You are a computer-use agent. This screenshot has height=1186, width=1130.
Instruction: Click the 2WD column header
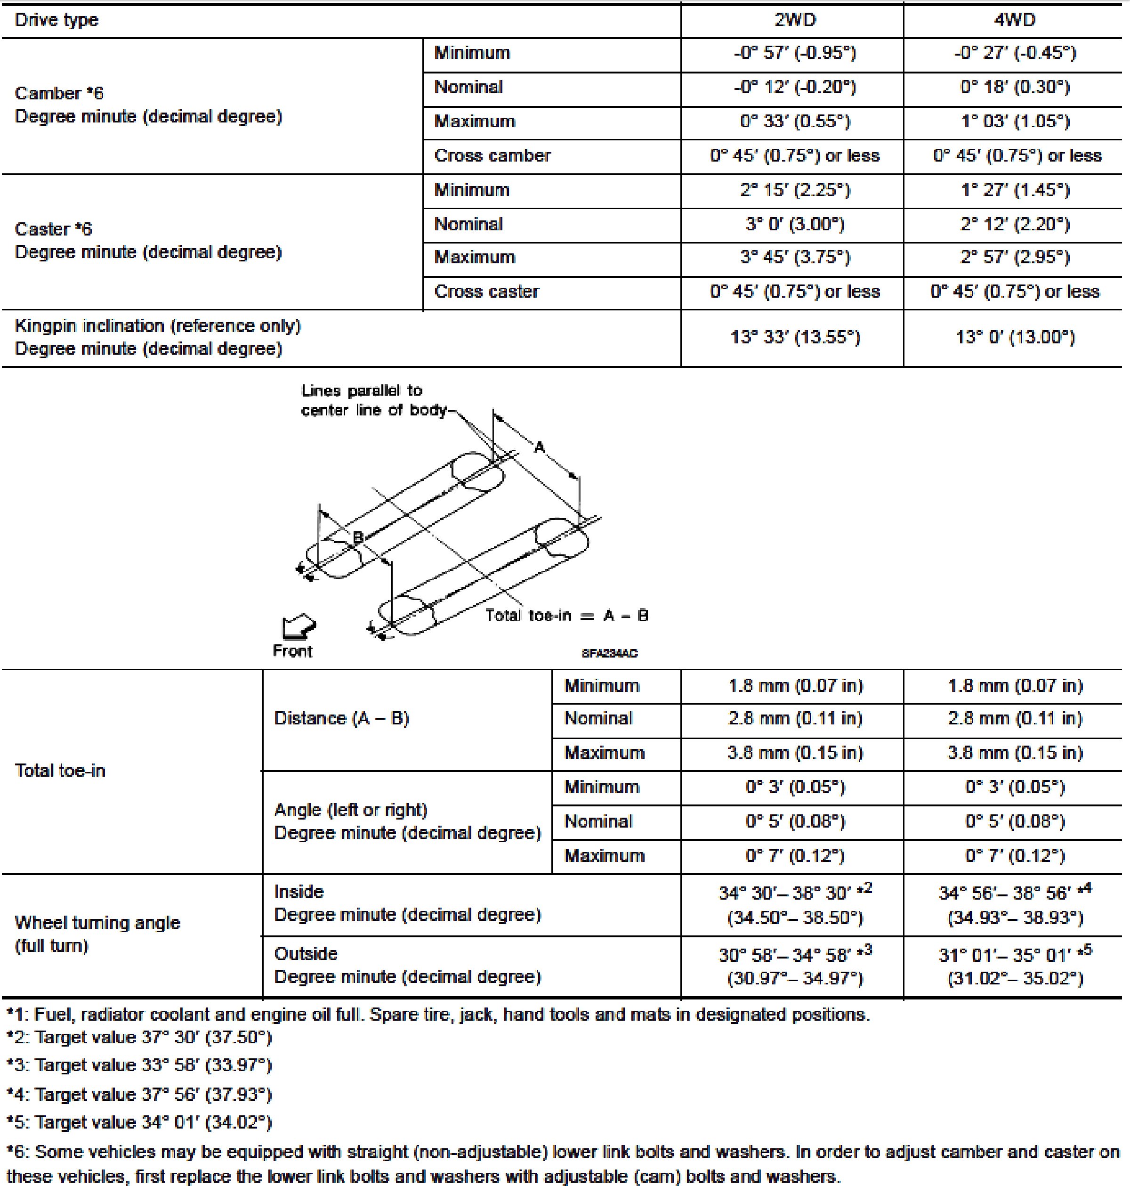click(x=794, y=20)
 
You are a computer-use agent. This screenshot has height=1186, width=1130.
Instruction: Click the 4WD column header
click(x=1015, y=20)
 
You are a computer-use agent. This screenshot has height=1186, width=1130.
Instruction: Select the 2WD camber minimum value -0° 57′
click(x=794, y=53)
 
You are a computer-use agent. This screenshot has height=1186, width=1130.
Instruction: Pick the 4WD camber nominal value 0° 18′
click(x=1015, y=88)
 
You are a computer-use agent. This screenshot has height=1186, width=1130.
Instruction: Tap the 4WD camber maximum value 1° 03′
click(x=1015, y=122)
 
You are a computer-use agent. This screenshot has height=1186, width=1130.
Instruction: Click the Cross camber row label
click(x=492, y=155)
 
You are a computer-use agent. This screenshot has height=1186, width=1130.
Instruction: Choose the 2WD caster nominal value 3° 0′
click(x=794, y=224)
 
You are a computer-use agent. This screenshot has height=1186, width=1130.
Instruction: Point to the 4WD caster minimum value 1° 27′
click(x=1015, y=190)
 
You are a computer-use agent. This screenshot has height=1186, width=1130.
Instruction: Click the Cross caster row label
click(x=487, y=292)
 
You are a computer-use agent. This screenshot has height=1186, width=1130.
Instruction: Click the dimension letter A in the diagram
click(x=540, y=447)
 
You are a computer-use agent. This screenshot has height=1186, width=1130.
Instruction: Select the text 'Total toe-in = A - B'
click(x=566, y=615)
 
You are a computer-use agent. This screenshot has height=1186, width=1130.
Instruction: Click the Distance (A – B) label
click(x=341, y=718)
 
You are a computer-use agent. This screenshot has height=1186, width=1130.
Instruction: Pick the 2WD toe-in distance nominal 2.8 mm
click(x=794, y=718)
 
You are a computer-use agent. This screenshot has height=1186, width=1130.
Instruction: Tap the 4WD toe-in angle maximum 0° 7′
click(x=1015, y=856)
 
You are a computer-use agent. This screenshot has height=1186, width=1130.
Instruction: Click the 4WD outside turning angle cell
click(x=1015, y=966)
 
